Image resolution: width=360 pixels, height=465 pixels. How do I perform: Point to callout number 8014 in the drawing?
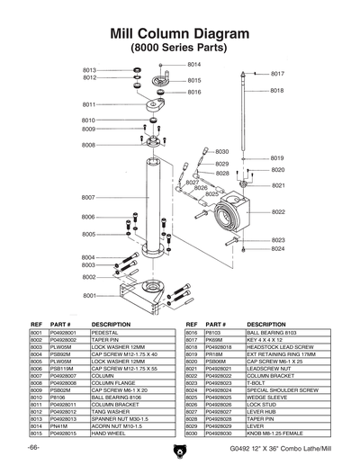194,65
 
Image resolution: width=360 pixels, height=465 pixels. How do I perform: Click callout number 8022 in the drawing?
278,212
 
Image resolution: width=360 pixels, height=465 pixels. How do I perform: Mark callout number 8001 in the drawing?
90,295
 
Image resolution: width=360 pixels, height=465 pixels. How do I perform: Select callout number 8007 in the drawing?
88,197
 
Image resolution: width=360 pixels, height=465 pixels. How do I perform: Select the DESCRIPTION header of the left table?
112,324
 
